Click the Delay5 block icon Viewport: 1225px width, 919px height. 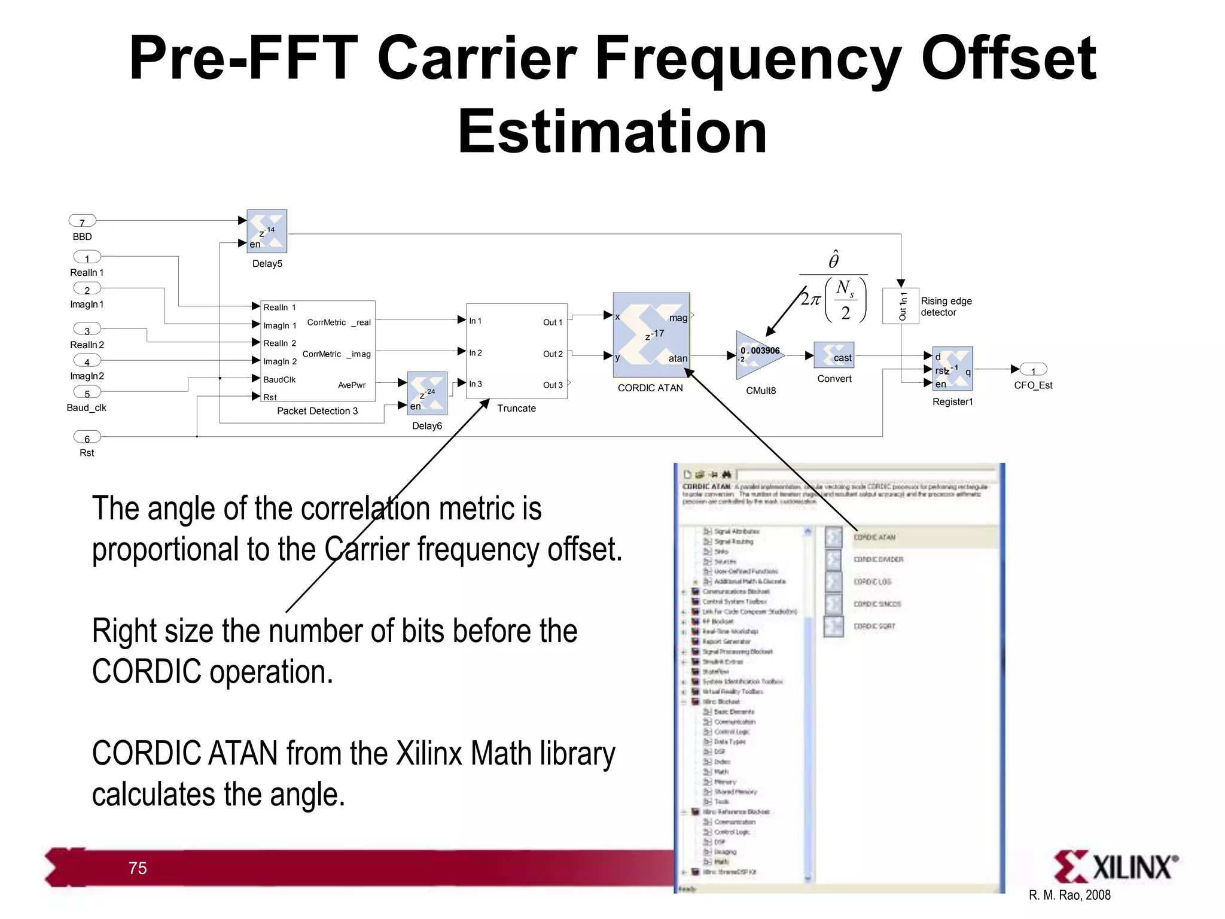click(x=267, y=231)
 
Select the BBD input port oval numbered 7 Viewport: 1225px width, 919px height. click(x=83, y=221)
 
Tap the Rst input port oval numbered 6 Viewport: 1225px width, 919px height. click(x=87, y=437)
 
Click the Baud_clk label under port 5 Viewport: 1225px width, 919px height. click(x=86, y=408)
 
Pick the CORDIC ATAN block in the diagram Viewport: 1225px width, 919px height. click(x=651, y=335)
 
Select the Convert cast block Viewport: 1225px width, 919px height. click(x=834, y=355)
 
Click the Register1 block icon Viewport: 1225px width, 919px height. click(x=952, y=369)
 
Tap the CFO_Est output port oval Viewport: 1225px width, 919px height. click(x=1033, y=370)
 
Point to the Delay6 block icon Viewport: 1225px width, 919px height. click(x=427, y=393)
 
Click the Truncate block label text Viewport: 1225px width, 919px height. click(x=516, y=409)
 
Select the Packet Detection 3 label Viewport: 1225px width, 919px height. click(x=317, y=411)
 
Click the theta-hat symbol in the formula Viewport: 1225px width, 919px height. click(x=833, y=260)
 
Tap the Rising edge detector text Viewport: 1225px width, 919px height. click(x=946, y=307)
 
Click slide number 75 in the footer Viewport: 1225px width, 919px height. click(x=138, y=868)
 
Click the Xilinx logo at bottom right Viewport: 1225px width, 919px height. click(x=1116, y=867)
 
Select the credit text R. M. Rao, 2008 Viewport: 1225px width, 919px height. click(x=1069, y=896)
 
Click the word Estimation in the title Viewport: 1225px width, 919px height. click(x=612, y=132)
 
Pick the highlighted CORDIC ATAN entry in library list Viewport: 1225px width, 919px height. click(x=874, y=537)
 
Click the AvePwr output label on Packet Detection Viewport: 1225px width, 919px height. click(x=351, y=385)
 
